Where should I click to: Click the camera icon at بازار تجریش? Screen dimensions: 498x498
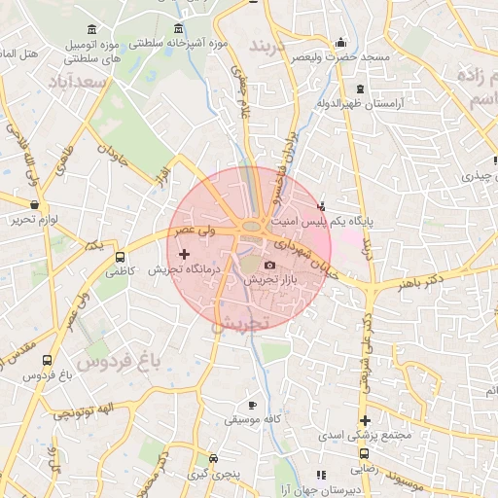click(x=269, y=265)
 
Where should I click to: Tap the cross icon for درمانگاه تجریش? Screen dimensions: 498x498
click(x=184, y=254)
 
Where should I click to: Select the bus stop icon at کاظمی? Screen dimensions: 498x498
click(x=120, y=258)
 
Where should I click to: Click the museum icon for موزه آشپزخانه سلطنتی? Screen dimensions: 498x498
click(x=178, y=29)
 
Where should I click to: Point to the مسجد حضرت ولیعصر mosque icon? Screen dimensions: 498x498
click(x=339, y=43)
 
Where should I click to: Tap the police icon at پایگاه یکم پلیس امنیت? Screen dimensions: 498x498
click(x=322, y=206)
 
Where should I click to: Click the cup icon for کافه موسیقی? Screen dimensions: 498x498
click(x=252, y=405)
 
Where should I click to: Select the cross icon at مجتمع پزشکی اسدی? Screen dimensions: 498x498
click(x=365, y=420)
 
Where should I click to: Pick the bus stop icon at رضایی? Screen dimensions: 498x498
click(x=364, y=452)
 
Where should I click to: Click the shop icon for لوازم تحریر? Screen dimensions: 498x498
click(x=36, y=205)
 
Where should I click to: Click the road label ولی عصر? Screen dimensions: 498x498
click(x=194, y=231)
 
